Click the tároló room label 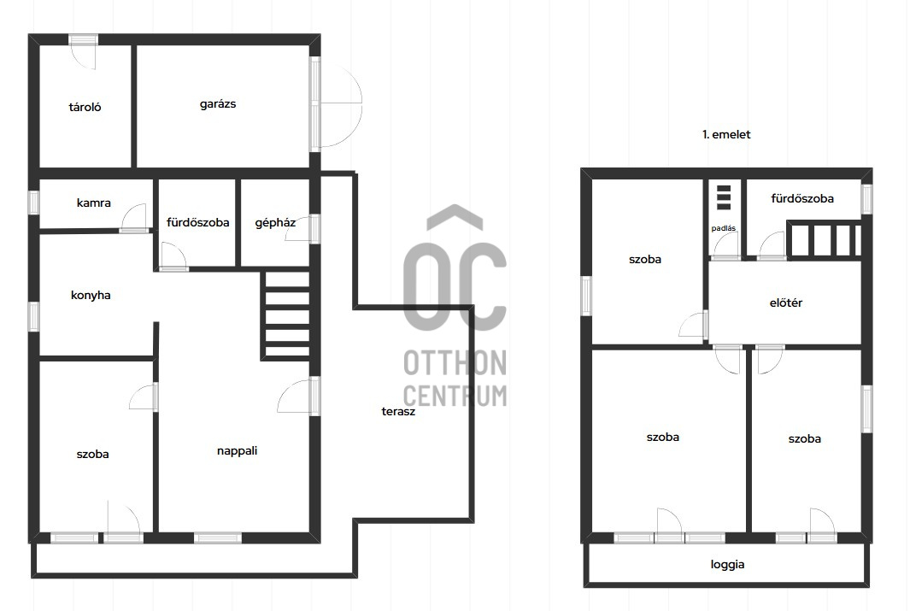coord(85,107)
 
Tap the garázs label coord(218,104)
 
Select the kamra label coord(93,203)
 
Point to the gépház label coord(275,223)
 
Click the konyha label coord(91,295)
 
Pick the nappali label coord(237,451)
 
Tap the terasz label coord(398,411)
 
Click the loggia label coord(727,565)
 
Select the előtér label coord(786,303)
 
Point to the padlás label coord(723,228)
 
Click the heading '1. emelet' coord(726,134)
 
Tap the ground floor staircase coord(287,314)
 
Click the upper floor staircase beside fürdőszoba coord(824,238)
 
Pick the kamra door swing coord(133,218)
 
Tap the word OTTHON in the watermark coord(455,362)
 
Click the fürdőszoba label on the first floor coord(802,198)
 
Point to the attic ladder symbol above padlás coord(723,197)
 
